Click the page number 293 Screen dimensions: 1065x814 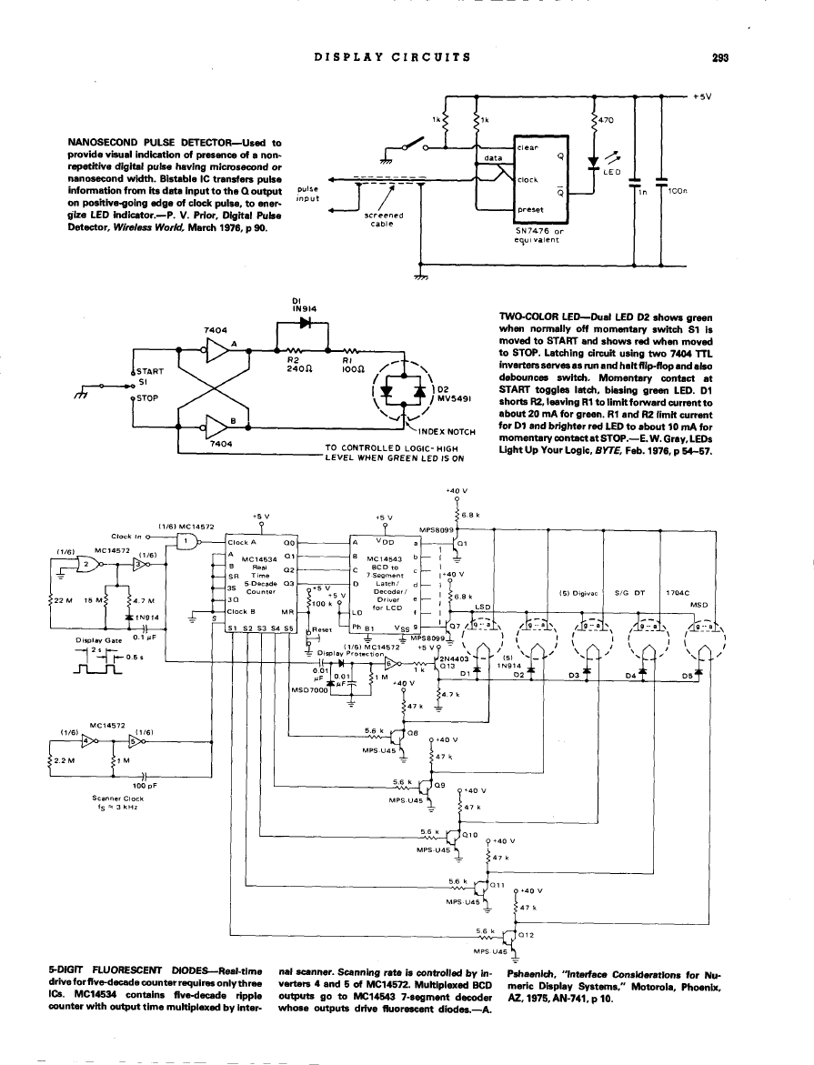[722, 56]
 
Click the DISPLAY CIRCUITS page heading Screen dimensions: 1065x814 [392, 56]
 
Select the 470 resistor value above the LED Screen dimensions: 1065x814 [604, 119]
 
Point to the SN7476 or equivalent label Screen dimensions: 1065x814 [540, 236]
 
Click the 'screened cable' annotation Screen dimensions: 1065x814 [377, 221]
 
